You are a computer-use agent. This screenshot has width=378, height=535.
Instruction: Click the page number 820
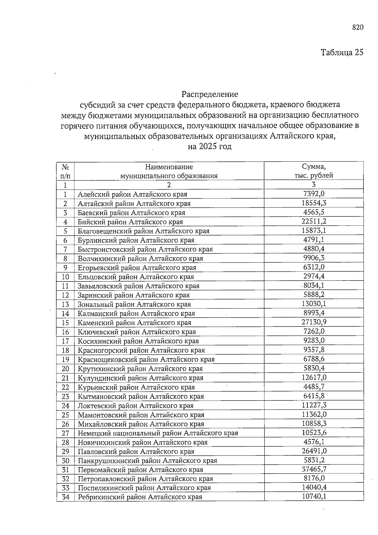358,27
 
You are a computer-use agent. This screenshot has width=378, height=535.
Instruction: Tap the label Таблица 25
342,52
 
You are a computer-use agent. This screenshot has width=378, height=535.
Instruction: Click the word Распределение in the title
209,94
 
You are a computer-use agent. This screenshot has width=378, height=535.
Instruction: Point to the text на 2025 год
209,146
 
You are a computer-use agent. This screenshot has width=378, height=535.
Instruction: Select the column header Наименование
169,167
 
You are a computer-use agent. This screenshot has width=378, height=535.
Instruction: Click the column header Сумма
313,166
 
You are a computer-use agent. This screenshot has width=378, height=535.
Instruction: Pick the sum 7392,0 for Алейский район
314,194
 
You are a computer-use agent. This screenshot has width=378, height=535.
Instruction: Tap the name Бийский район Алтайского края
130,222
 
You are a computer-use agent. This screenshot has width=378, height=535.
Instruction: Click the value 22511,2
314,221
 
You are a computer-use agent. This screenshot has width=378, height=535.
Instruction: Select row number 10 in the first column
65,277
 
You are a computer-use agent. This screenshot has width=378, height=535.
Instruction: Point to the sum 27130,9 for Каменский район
314,322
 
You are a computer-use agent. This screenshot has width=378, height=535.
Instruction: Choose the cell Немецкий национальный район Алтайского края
158,433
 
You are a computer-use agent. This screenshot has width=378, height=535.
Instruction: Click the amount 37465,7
314,469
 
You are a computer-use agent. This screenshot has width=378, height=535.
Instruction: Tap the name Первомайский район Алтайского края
140,470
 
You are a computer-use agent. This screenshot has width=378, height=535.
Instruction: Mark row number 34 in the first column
65,497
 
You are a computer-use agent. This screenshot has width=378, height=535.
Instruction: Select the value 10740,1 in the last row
314,496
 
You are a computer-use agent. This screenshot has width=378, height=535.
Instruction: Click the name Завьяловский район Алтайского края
139,286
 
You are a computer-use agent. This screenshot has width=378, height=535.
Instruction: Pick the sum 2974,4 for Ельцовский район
314,276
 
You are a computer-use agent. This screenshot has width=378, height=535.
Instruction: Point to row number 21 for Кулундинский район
65,378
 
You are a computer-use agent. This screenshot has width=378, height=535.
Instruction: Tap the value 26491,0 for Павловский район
314,451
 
